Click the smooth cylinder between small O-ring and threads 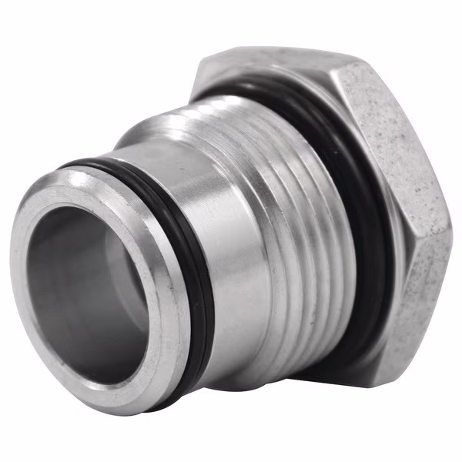tap(231, 216)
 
